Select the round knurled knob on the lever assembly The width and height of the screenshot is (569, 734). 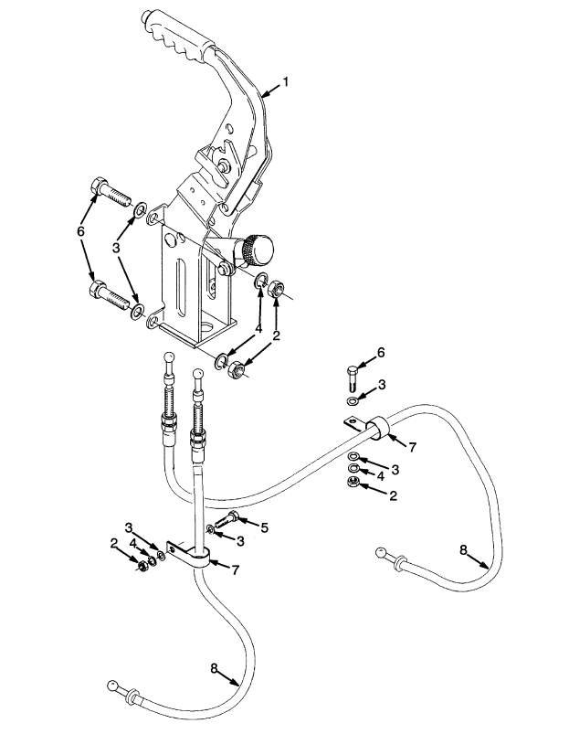coord(259,248)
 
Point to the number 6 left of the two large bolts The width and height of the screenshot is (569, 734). coord(81,232)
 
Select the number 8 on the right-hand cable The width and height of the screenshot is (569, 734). coord(463,549)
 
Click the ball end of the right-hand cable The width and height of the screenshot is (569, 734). coord(380,552)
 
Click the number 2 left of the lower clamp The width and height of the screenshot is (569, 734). coord(114,543)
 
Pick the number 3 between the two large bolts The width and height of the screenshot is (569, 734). coord(117,247)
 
